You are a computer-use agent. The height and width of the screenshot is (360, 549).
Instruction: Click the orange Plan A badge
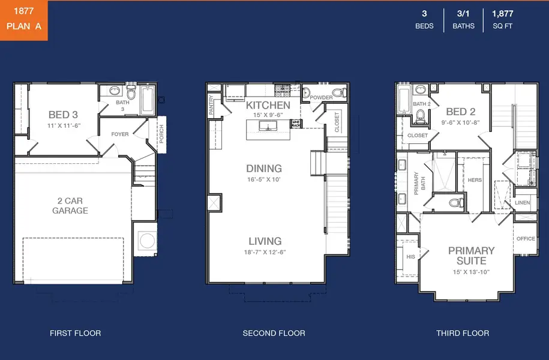click(x=23, y=20)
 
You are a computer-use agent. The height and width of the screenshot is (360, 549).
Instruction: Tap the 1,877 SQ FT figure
click(x=502, y=19)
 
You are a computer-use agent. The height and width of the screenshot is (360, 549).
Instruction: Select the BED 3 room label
click(x=63, y=114)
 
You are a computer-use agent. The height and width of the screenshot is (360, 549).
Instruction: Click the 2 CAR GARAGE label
click(x=70, y=205)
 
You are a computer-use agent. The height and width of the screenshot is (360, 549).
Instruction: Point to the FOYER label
click(x=119, y=134)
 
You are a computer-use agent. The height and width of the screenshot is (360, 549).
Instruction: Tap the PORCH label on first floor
click(x=161, y=134)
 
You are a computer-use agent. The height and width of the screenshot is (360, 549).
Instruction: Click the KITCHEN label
click(x=268, y=105)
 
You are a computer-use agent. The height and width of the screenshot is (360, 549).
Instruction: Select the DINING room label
click(x=264, y=169)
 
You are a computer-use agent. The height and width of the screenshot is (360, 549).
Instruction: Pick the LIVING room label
click(x=265, y=241)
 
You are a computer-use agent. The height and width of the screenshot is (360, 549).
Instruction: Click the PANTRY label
click(x=211, y=105)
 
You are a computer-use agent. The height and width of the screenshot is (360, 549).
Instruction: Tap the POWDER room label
click(x=321, y=98)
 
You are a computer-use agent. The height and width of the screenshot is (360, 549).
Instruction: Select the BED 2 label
click(x=461, y=112)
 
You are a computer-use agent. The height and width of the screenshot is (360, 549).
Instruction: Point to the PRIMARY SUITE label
click(x=471, y=256)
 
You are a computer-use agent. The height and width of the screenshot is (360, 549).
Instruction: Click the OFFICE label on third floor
click(x=526, y=239)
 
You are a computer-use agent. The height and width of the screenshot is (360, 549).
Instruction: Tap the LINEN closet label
click(x=522, y=203)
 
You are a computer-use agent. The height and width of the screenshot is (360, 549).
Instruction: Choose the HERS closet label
click(x=474, y=180)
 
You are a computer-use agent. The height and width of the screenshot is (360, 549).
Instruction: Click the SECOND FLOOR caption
click(x=274, y=333)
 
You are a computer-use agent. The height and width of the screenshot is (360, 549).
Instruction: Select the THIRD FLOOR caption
click(x=463, y=333)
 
